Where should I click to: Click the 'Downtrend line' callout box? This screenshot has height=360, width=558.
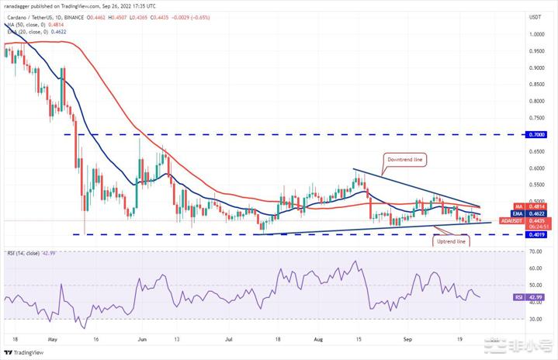407,159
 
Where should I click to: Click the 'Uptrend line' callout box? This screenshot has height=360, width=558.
450,241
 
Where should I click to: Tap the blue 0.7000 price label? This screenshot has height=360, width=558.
535,134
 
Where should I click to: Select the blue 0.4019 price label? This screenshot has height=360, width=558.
535,234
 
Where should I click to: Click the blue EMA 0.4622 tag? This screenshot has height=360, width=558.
535,213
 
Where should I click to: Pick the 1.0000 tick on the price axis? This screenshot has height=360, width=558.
535,35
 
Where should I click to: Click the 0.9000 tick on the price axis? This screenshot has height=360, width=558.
535,67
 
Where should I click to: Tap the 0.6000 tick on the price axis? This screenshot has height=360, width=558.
535,168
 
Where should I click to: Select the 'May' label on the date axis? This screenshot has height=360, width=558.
53,339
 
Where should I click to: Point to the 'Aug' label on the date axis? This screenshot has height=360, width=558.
317,339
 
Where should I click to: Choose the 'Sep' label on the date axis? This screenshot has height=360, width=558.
407,339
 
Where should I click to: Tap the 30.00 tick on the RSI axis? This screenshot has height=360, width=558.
535,318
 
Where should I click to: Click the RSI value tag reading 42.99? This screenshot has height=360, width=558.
535,297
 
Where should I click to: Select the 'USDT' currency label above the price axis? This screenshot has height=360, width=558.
535,16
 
